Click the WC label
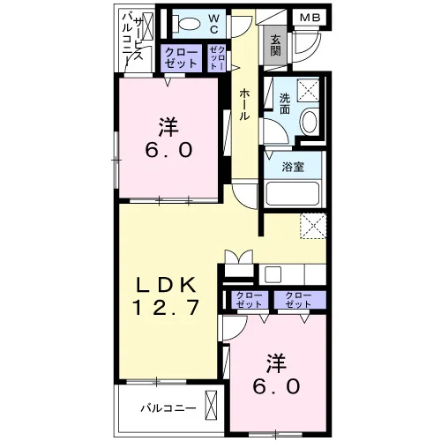[214, 24]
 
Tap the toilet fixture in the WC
[186, 23]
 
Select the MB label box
[310, 18]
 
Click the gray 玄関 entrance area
[275, 46]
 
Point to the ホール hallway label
[244, 104]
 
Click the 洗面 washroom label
[285, 103]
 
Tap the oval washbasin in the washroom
[310, 122]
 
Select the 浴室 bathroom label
[293, 167]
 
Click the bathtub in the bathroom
[293, 193]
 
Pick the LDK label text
[166, 285]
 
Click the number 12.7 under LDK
[167, 308]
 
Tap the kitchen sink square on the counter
[273, 274]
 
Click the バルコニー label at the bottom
[168, 408]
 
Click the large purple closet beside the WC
[181, 58]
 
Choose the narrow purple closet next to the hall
[217, 58]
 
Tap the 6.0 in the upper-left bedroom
[168, 150]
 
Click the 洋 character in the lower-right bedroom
[276, 363]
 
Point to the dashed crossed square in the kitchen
[313, 226]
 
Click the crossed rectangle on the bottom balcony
[211, 406]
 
